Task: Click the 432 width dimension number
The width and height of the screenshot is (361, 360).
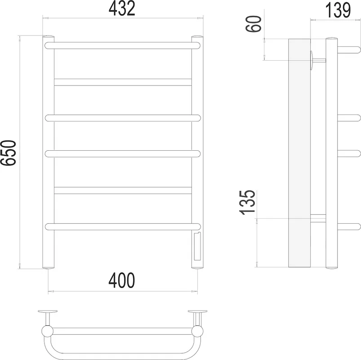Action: pos(122,9)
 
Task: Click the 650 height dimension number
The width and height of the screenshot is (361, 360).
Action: pos(8,153)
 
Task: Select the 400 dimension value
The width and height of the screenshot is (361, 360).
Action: pos(121,280)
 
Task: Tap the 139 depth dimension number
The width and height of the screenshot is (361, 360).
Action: pos(338,10)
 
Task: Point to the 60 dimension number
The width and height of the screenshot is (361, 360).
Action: pos(254,24)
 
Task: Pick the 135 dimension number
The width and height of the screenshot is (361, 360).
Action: pos(248,203)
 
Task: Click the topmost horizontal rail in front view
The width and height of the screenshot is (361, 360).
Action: pos(122,45)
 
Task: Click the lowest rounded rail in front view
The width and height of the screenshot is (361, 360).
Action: pos(123,226)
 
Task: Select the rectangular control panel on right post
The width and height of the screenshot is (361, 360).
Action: pos(197,247)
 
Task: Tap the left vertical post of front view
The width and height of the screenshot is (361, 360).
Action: pos(49,152)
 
